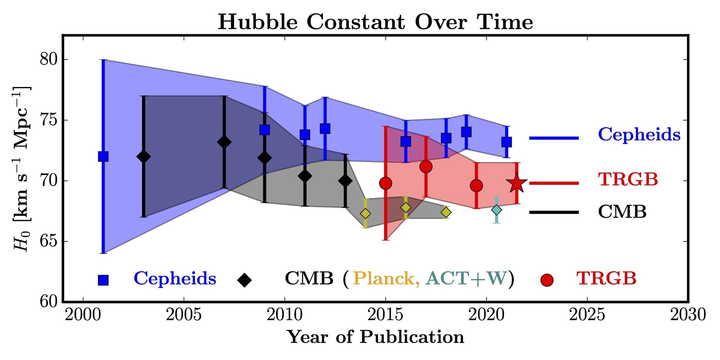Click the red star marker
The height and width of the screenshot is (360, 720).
tap(517, 183)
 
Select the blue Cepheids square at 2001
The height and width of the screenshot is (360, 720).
tap(103, 156)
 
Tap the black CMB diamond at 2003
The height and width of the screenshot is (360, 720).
tap(143, 157)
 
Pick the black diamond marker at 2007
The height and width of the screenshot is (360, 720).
tap(224, 142)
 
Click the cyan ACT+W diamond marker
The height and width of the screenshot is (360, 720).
tap(496, 210)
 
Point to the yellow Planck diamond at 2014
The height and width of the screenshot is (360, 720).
tap(365, 214)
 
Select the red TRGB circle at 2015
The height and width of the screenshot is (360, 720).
tap(385, 183)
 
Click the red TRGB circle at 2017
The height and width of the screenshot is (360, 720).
tap(426, 166)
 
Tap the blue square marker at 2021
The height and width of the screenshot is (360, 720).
tap(507, 142)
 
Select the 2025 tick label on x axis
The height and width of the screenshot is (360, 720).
tap(587, 315)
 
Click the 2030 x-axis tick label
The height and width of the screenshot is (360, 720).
tap(688, 315)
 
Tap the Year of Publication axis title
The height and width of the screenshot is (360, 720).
tap(375, 337)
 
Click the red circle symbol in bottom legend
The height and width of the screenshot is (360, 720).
tap(547, 280)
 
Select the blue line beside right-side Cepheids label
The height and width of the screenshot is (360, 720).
tap(554, 138)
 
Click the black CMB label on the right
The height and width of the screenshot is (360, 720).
tap(622, 212)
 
